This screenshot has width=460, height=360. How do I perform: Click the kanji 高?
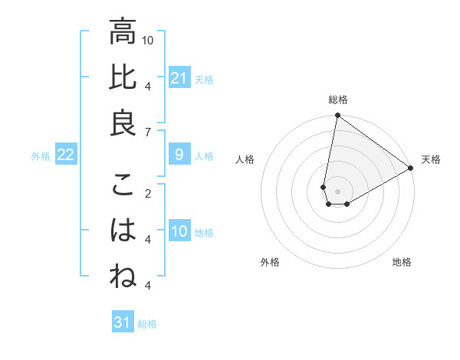click(123, 32)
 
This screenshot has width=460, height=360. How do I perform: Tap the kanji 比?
click(123, 78)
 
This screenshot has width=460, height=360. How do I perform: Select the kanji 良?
click(123, 123)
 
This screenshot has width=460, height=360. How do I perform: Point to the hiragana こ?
click(123, 186)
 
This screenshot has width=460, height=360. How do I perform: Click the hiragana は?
click(123, 231)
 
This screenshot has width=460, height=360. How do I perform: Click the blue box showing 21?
click(179, 78)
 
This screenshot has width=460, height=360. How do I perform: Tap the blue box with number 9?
click(179, 155)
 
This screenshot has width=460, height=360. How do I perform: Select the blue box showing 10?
click(179, 232)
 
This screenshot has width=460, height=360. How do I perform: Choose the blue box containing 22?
click(66, 155)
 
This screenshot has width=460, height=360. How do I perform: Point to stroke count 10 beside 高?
click(149, 39)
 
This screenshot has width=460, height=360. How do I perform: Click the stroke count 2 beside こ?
click(148, 193)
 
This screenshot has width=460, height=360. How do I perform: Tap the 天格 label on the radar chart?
click(431, 160)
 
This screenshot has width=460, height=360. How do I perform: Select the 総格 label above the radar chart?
click(338, 100)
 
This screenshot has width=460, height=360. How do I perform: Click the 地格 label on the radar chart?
click(402, 262)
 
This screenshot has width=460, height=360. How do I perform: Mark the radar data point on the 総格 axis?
click(337, 116)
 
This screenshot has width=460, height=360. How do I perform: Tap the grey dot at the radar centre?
click(337, 191)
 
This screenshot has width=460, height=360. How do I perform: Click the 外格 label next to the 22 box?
click(41, 156)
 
